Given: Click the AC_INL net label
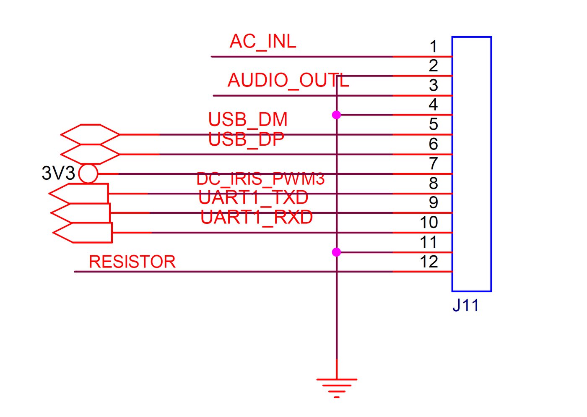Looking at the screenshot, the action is point(263,42).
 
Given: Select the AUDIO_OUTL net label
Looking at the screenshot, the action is point(288,81).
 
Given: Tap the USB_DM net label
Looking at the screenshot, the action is point(248,120).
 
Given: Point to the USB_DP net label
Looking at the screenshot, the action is point(246,139).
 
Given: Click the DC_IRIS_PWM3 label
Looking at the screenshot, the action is point(260,179).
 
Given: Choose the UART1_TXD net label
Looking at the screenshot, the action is point(253,198).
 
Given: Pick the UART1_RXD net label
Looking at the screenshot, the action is point(257,218).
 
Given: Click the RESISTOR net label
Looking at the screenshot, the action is point(132,262).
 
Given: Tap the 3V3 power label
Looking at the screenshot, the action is point(58,173).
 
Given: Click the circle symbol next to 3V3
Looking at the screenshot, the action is point(88,174).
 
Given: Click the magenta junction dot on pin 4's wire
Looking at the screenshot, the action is point(336,115).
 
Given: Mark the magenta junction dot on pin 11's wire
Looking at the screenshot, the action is point(336,252).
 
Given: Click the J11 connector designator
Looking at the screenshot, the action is point(465,305).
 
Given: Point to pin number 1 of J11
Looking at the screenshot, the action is point(434,47).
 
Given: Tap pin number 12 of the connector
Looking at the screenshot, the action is point(429,262).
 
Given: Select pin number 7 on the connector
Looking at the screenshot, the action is point(434,163).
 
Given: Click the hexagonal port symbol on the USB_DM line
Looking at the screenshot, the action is point(90,134).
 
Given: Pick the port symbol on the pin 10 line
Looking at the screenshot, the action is point(83,233).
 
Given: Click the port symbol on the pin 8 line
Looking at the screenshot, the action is point(79,194).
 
